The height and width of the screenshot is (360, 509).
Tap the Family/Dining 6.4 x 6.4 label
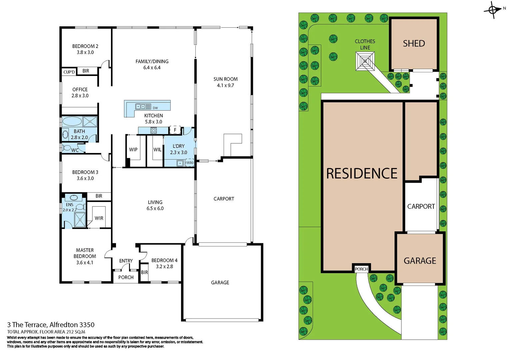click(x=152, y=64)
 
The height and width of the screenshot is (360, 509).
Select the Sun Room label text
click(x=225, y=79)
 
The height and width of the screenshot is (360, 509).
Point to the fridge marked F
click(x=175, y=130)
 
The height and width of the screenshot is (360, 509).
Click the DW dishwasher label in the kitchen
click(x=155, y=108)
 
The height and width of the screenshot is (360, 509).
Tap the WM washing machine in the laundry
click(x=189, y=163)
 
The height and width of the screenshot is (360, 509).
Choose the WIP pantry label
click(x=133, y=150)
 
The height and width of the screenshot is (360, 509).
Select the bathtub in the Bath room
click(x=72, y=121)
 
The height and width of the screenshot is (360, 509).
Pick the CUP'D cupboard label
click(x=69, y=72)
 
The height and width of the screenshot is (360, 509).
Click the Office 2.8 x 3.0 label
click(x=80, y=92)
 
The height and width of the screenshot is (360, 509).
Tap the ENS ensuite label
click(x=69, y=205)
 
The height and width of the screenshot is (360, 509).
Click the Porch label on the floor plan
click(x=126, y=277)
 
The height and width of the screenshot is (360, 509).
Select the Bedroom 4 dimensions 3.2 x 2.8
click(x=164, y=267)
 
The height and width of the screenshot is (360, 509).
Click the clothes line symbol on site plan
click(x=365, y=61)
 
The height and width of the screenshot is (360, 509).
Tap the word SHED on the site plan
click(x=414, y=44)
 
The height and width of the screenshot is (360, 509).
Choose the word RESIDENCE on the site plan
click(x=362, y=174)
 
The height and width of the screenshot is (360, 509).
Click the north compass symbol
click(x=493, y=10)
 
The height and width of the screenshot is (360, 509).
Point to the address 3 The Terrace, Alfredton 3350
click(x=51, y=325)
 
